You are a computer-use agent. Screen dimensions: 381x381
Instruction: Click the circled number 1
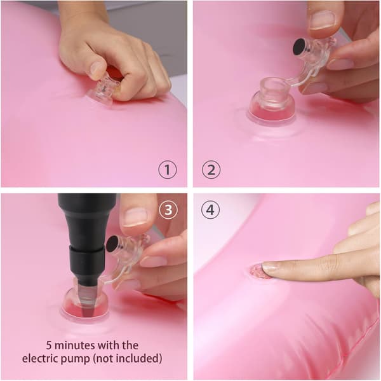[168, 169]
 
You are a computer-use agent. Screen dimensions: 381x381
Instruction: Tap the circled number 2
[211, 169]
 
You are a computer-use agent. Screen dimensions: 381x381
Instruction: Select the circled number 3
[168, 210]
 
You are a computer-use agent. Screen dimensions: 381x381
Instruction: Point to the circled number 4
[210, 210]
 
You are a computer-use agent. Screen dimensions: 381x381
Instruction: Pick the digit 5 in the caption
[49, 345]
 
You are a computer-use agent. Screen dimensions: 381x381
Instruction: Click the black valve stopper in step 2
[299, 47]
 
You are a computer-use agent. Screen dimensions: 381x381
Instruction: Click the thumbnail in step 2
[323, 20]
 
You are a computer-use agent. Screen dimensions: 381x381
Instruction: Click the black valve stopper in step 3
[112, 244]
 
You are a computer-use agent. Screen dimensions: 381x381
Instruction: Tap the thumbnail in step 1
[97, 69]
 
